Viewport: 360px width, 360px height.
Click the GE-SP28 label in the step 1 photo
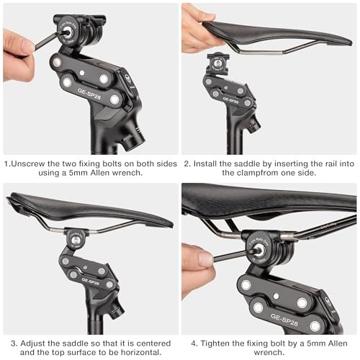[x=89, y=94]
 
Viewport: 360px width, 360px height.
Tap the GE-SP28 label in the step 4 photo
[x=284, y=320]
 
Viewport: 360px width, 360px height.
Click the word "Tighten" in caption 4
[x=215, y=343]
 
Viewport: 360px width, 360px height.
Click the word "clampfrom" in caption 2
[x=258, y=173]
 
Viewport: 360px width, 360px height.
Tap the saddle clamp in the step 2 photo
[x=218, y=63]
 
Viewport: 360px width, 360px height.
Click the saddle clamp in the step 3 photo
[x=76, y=239]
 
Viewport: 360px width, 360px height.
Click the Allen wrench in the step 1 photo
[x=49, y=41]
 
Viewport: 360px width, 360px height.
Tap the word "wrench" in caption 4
[x=269, y=352]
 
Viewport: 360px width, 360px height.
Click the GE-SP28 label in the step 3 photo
[x=91, y=282]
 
